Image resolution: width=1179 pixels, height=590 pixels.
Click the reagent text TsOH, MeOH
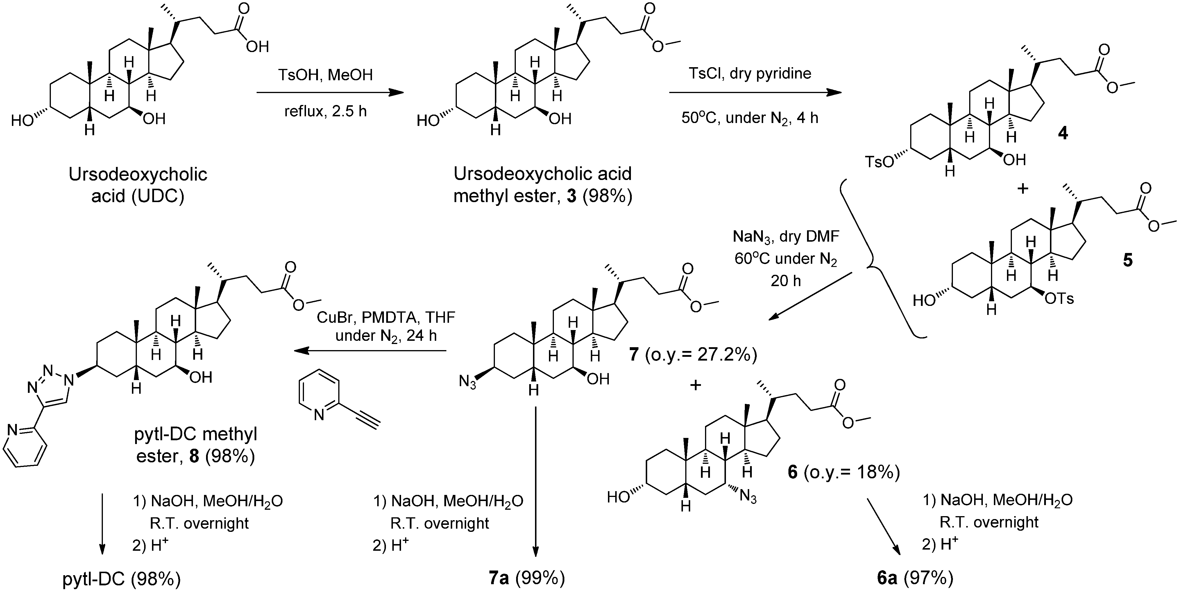point(325,75)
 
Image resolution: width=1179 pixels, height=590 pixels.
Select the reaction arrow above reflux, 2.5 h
point(330,93)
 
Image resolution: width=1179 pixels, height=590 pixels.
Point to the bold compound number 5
point(1127,260)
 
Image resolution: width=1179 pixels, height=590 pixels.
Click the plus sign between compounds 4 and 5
point(1022,188)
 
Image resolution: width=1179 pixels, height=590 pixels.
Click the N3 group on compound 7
point(468,381)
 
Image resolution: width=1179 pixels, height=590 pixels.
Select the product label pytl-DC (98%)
point(121,580)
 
